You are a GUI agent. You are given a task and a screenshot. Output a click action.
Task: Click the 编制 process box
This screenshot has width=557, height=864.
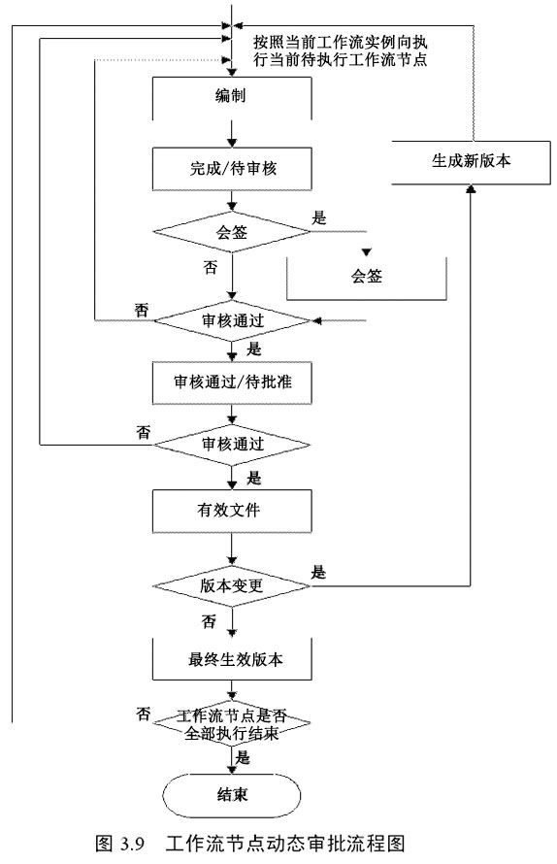(232, 97)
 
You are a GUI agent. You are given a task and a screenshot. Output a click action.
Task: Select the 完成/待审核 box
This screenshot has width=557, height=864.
(232, 171)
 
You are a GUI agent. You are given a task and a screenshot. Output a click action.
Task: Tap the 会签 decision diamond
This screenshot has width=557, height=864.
(232, 234)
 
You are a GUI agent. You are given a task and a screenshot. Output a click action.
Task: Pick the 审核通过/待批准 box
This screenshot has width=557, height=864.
(232, 383)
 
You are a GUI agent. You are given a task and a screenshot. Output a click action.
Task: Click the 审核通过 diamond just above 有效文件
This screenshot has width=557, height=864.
(232, 443)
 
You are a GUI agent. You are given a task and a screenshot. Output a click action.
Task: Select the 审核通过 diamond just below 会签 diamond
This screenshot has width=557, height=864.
(232, 319)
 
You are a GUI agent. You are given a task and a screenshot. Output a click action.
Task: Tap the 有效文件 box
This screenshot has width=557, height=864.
(232, 507)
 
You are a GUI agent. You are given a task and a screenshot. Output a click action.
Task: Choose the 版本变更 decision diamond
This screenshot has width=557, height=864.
(232, 586)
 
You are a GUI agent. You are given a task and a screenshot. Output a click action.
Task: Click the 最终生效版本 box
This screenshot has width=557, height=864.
(232, 660)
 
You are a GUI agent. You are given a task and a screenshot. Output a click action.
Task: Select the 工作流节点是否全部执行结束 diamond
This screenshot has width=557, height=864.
(232, 723)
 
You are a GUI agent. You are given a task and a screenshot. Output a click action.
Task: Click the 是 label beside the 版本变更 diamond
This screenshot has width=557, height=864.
(319, 573)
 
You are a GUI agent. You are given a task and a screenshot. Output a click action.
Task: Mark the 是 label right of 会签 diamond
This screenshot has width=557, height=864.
(319, 219)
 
